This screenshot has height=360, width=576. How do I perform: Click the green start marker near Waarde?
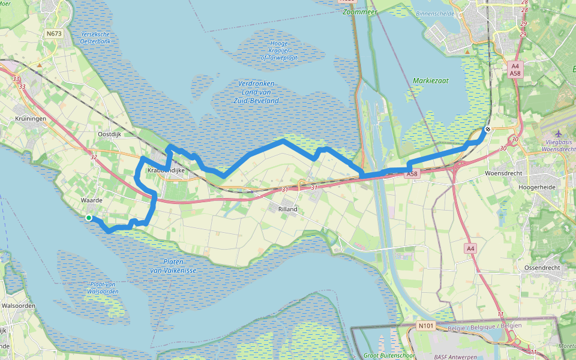pos(89,218)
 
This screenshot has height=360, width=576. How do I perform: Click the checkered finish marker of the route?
pos(488,129)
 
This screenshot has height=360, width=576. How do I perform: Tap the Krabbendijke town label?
pos(164,171)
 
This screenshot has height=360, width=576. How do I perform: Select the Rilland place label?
pos(287,209)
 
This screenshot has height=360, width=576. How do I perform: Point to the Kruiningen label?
pos(31,119)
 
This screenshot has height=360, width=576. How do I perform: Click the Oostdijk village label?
pos(110,134)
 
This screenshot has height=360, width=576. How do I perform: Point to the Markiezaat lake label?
pos(427,80)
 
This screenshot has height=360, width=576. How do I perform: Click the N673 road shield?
pos(53,34)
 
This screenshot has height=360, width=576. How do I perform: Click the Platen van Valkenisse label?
pos(173,266)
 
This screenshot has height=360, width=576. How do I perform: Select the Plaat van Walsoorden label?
pos(102,287)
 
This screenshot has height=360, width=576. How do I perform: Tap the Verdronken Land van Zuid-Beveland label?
pos(258,92)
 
